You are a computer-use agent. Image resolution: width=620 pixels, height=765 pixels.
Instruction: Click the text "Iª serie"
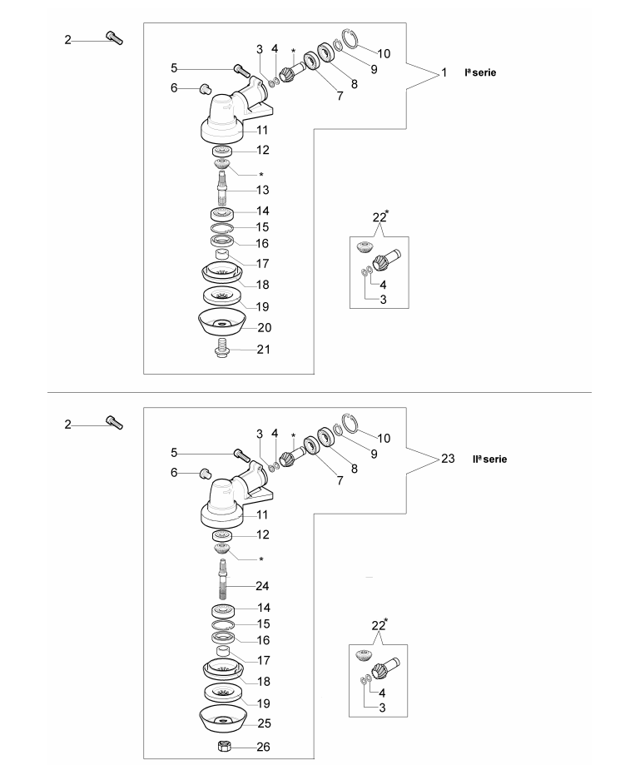(480, 73)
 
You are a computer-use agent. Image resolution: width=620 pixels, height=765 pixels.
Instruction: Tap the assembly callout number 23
(448, 459)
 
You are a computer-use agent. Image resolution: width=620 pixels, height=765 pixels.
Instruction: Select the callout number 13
(262, 191)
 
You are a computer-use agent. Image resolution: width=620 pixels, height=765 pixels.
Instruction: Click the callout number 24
(262, 585)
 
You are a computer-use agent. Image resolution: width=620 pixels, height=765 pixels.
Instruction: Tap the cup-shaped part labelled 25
(221, 717)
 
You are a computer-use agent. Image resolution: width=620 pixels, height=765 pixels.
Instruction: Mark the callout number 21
(262, 350)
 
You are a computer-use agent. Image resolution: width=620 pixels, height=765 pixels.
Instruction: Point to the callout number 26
(263, 747)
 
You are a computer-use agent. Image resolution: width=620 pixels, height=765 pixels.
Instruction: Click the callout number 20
(264, 328)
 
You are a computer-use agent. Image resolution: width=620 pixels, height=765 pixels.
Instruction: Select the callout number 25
(263, 723)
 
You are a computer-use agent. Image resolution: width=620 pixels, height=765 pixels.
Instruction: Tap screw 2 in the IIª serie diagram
(115, 422)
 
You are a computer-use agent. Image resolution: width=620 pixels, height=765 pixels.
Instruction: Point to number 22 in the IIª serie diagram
(378, 626)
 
